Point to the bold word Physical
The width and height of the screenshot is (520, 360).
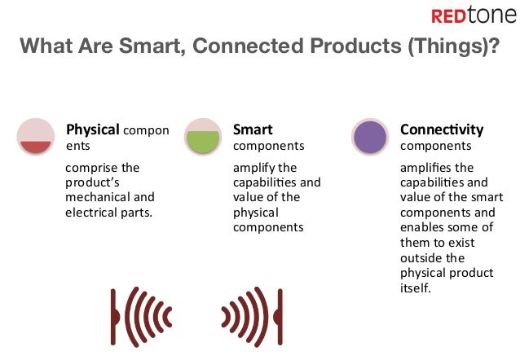point(93,130)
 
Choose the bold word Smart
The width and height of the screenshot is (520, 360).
point(253,130)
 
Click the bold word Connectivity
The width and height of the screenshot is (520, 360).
point(441,130)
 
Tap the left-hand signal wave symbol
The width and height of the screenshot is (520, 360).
point(135,315)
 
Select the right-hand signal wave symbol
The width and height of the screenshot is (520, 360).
point(252,315)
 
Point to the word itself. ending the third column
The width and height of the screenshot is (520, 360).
point(416,288)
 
